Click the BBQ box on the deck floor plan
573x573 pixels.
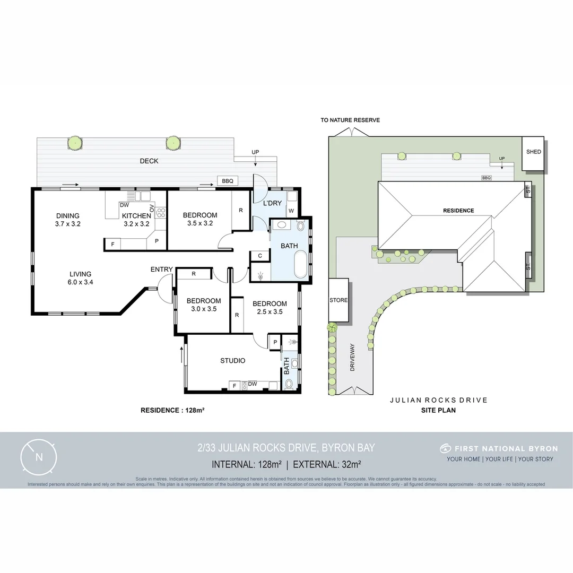tap(227, 181)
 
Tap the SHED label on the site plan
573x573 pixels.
tap(533, 152)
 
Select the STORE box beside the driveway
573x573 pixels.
tap(338, 300)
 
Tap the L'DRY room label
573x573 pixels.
tap(272, 203)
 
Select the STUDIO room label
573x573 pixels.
tap(233, 361)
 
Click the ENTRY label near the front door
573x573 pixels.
tap(161, 270)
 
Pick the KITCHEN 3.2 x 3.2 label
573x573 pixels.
tap(137, 220)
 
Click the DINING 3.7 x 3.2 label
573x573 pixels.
tap(68, 220)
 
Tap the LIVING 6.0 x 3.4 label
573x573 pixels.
tap(80, 278)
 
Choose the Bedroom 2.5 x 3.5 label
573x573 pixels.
tap(270, 308)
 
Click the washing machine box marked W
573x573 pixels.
tap(291, 211)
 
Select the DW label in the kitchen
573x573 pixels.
tap(124, 205)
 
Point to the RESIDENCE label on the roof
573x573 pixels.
tap(458, 211)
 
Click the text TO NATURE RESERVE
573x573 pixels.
tap(350, 120)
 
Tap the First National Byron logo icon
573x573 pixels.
tap(445, 449)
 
